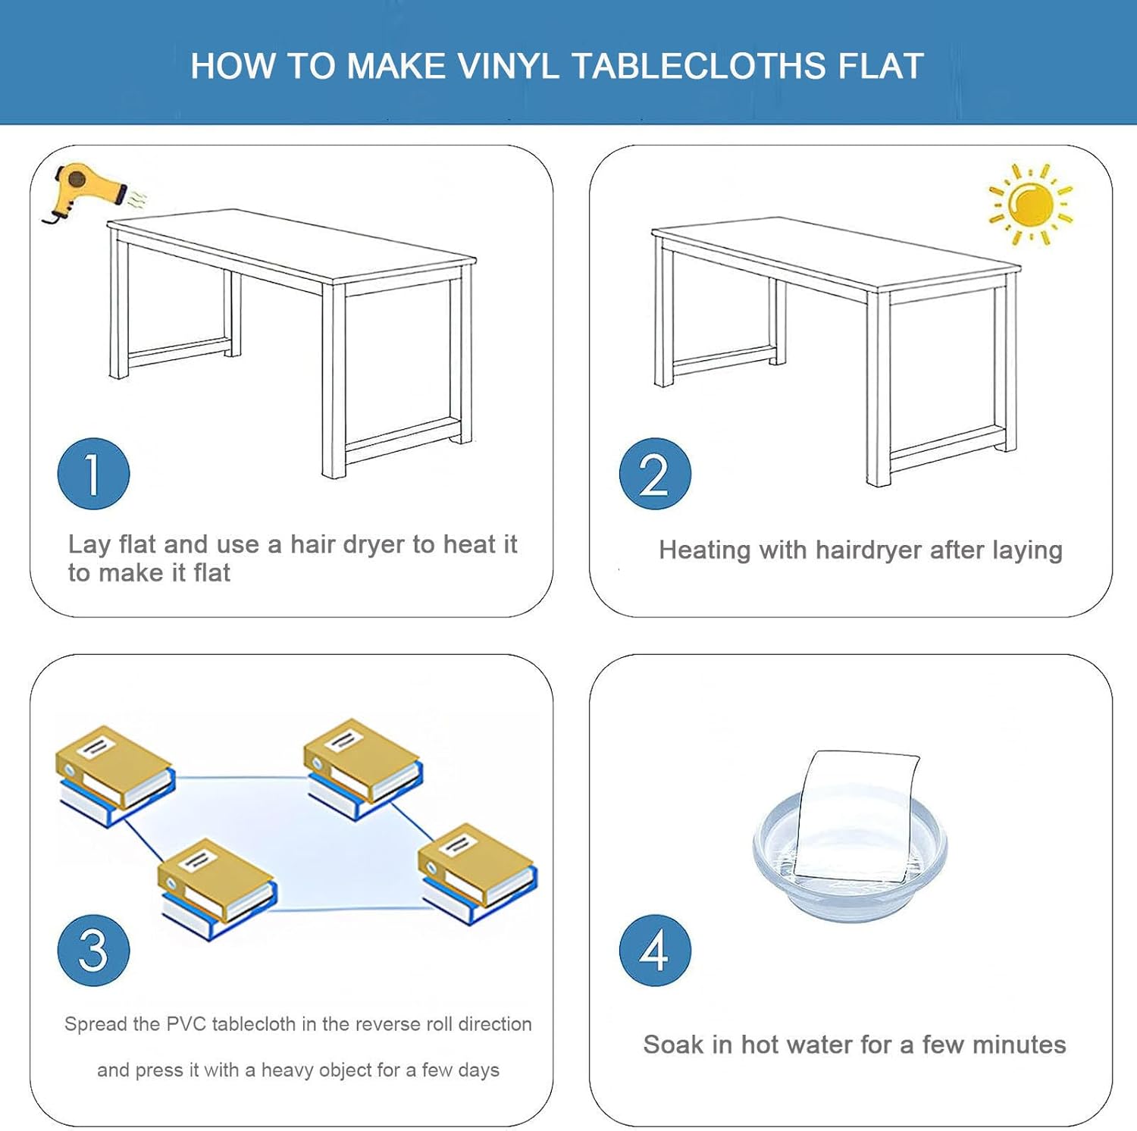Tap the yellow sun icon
tap(1031, 205)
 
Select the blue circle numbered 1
tap(93, 474)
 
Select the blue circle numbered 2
tap(655, 474)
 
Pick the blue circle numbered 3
tap(93, 950)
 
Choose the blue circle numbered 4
tap(655, 950)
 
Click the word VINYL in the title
tap(509, 67)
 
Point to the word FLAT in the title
tap(880, 67)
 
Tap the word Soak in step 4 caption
tap(673, 1045)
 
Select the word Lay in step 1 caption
tap(89, 544)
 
